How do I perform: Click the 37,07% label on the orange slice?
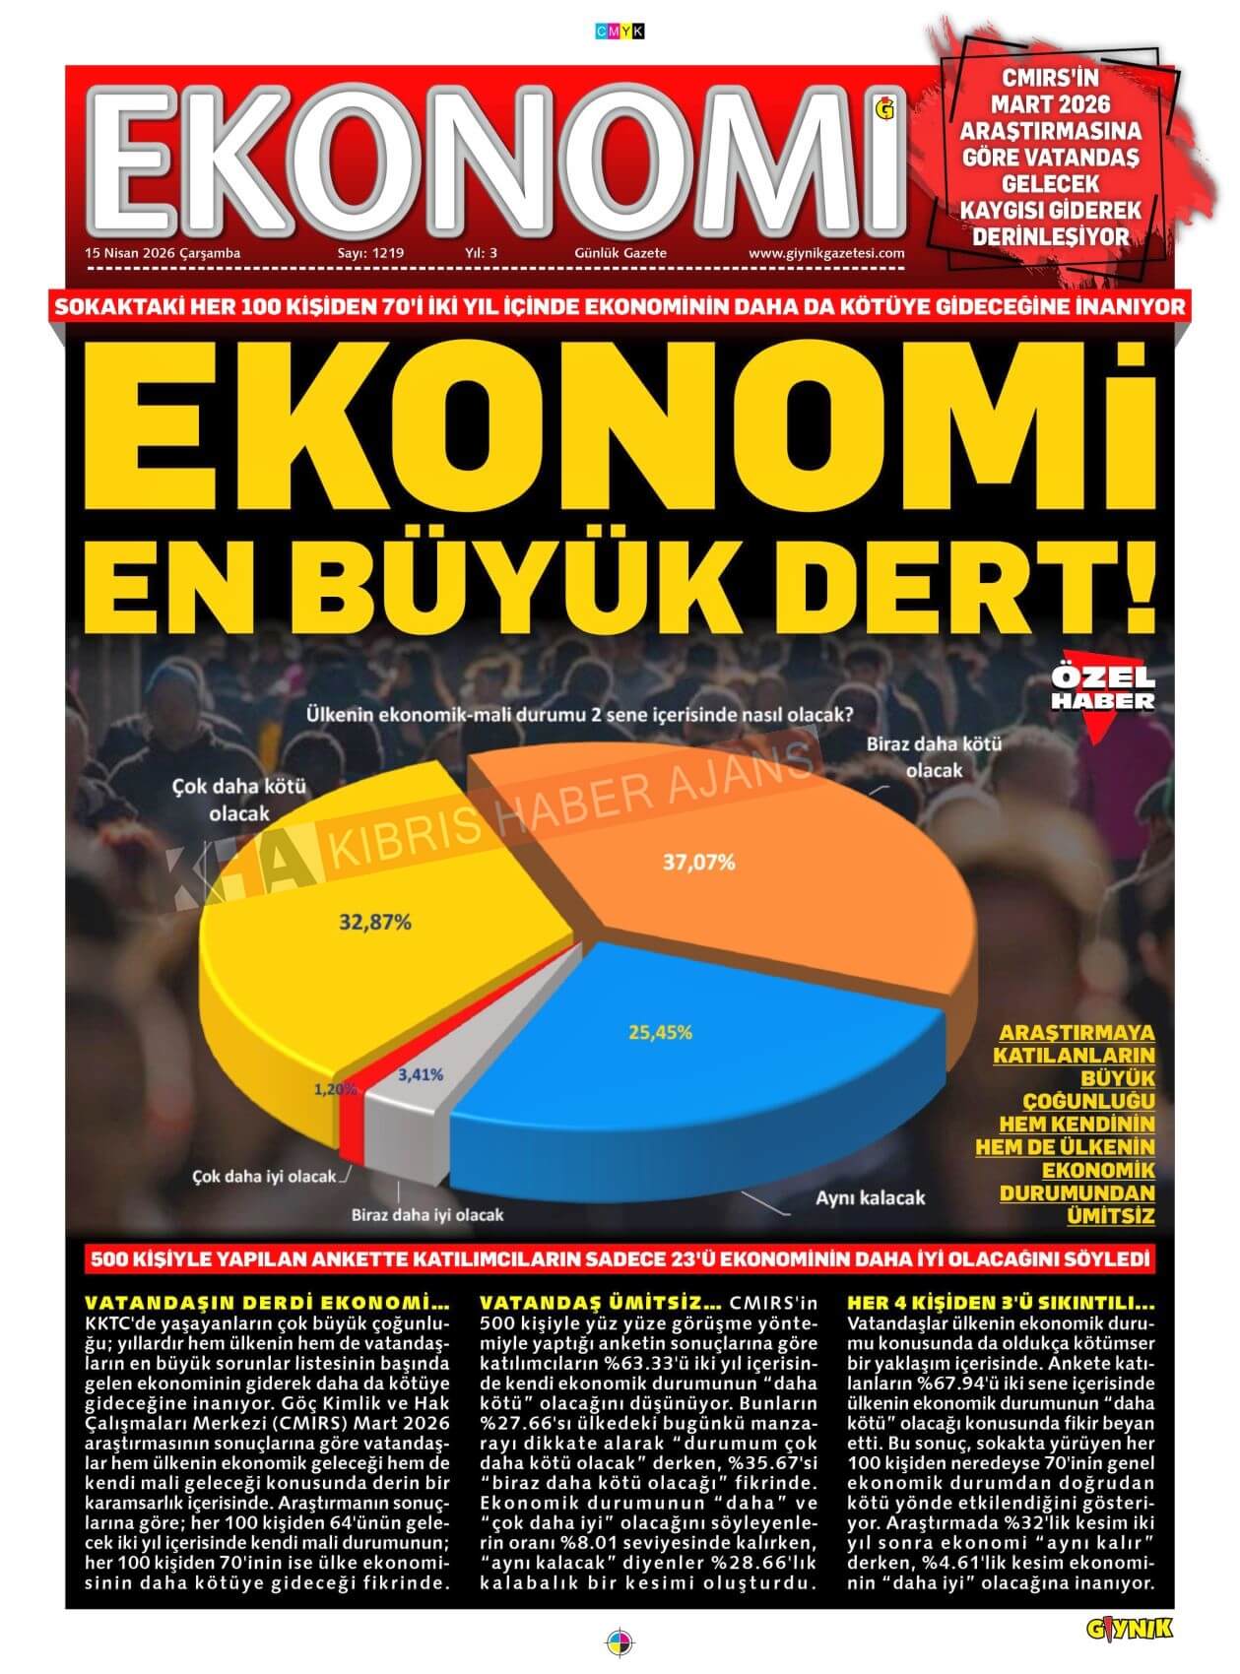[699, 863]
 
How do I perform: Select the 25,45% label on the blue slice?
[660, 1032]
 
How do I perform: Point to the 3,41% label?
[421, 1074]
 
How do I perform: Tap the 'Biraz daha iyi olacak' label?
[427, 1214]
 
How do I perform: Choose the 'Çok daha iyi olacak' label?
[263, 1177]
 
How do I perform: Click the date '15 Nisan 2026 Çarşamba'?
[163, 253]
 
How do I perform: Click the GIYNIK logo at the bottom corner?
[1130, 1630]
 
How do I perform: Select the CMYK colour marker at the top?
[620, 31]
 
